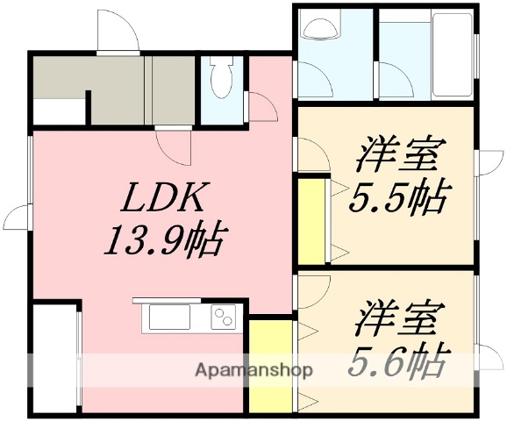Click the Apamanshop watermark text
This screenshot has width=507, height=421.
253,369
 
